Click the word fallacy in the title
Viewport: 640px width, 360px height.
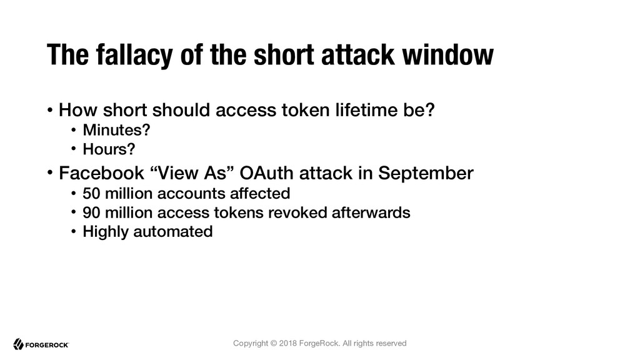(135, 55)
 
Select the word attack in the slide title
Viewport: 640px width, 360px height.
(358, 55)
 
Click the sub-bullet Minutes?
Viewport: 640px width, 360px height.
(116, 130)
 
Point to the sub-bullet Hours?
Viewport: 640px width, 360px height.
(109, 149)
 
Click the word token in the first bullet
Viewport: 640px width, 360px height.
(305, 110)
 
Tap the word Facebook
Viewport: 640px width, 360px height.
(102, 173)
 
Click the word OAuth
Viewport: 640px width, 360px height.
(266, 173)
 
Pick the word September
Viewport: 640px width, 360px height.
(426, 174)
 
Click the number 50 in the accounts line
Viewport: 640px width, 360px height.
(91, 194)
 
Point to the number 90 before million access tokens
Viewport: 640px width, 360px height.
(91, 212)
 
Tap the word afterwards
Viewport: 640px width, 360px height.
(371, 212)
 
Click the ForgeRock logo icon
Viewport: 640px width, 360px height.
(18, 344)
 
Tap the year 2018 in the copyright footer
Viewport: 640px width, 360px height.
(288, 343)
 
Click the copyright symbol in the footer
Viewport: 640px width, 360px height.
(274, 343)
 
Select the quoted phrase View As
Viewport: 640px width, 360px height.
(191, 173)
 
